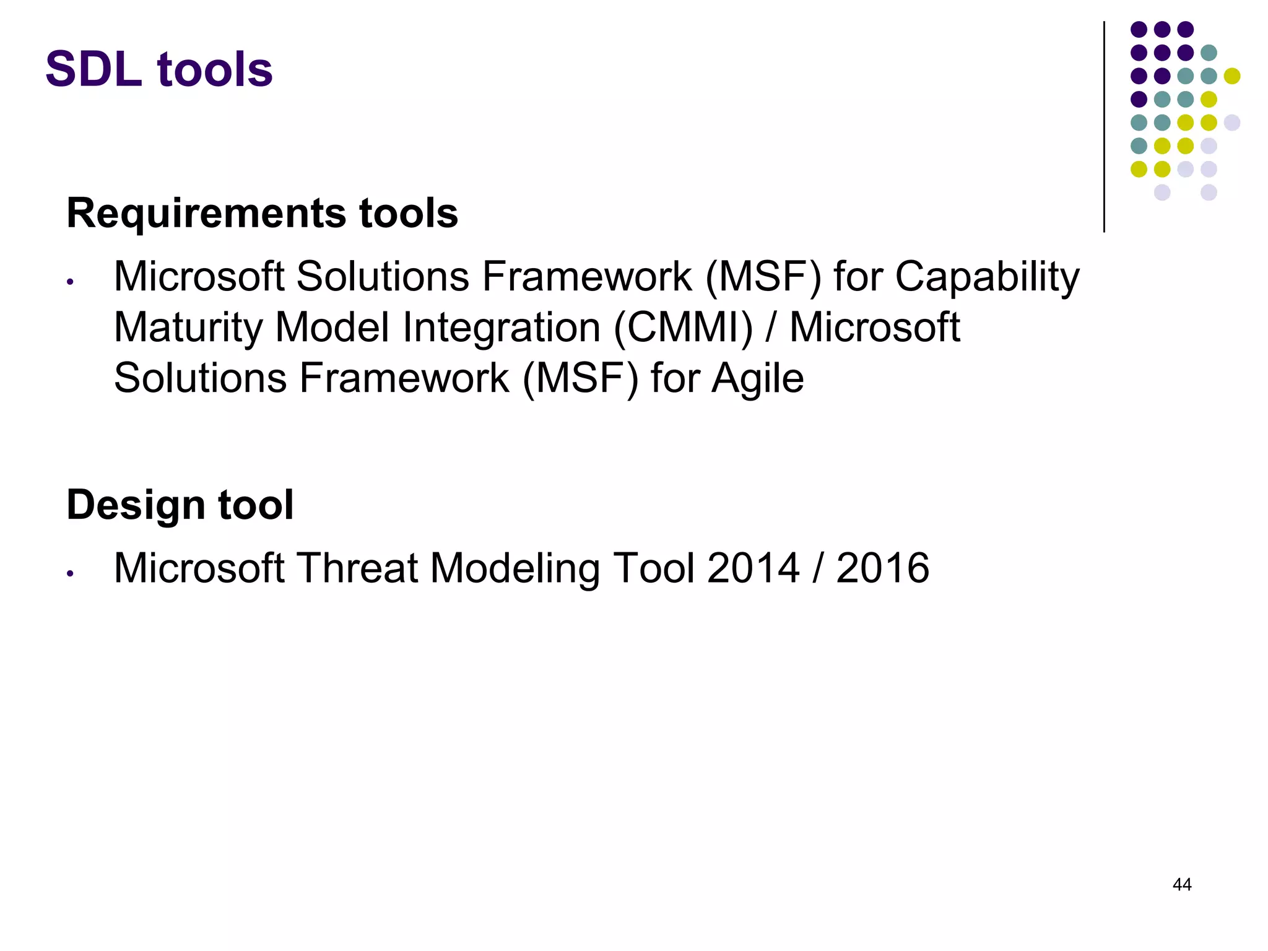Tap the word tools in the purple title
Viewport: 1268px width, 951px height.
(x=215, y=69)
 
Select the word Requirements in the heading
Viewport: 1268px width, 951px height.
(x=207, y=213)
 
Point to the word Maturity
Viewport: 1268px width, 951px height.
(x=188, y=328)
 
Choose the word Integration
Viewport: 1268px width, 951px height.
(x=501, y=328)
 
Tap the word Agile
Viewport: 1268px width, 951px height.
(x=757, y=378)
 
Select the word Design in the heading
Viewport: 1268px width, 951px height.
(x=136, y=505)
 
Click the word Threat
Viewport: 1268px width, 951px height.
(x=357, y=568)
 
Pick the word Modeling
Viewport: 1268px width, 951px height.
(x=515, y=569)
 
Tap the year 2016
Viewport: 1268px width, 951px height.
(x=882, y=568)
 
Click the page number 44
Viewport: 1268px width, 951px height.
(x=1182, y=884)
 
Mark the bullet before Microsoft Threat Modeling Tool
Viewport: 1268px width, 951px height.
(x=71, y=574)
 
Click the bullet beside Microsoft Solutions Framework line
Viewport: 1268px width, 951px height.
(x=71, y=282)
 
